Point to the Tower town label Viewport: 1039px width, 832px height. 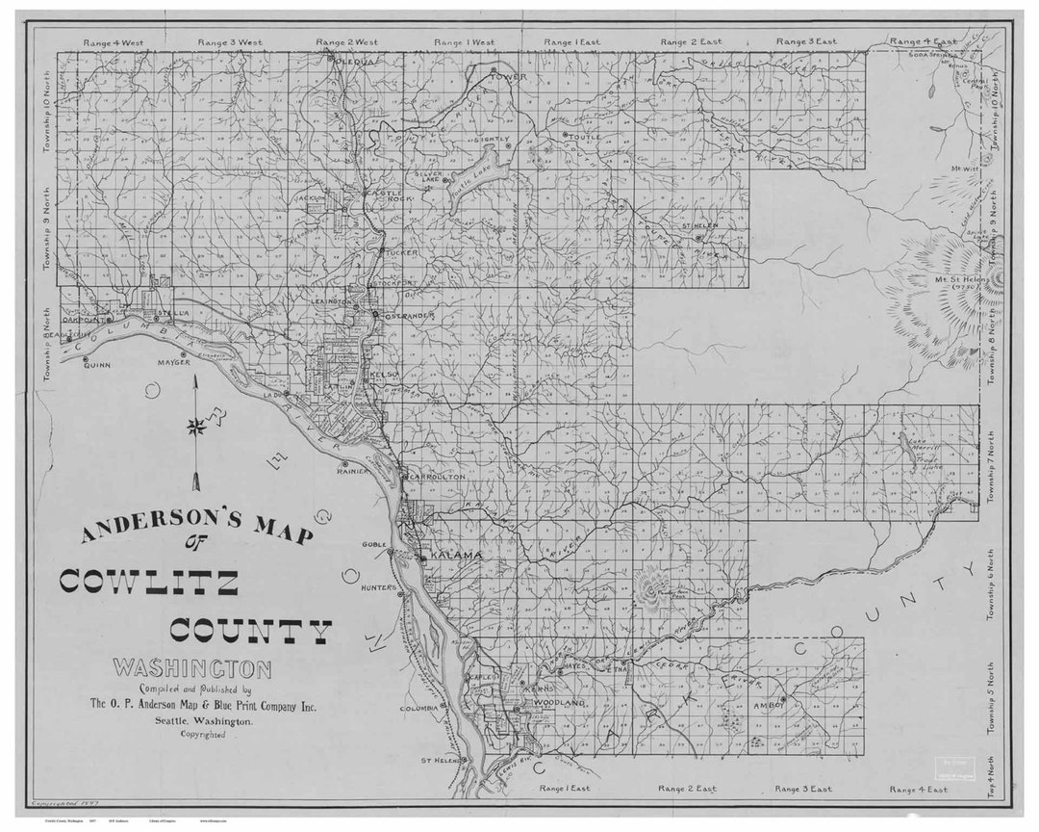(510, 75)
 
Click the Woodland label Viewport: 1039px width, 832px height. (559, 704)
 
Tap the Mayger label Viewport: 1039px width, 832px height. (174, 363)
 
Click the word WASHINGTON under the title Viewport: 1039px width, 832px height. (191, 667)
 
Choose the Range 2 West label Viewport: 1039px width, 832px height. (347, 42)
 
